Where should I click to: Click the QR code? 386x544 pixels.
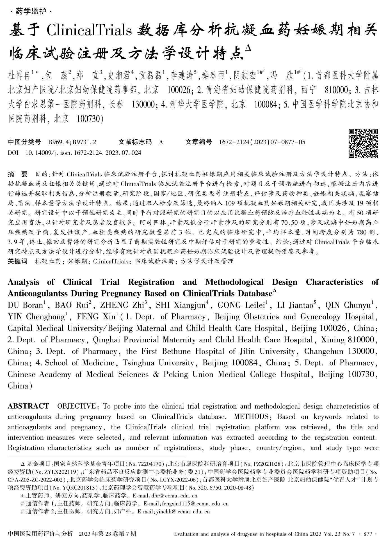pos(363,143)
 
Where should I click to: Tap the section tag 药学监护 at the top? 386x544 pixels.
pos(31,11)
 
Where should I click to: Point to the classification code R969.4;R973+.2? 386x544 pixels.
pos(72,142)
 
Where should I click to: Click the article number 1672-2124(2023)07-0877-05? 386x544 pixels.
pos(262,142)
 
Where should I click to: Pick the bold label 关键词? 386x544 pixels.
pos(17,261)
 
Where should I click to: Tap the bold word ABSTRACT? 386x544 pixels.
pos(28,406)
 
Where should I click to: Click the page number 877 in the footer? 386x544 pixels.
pos(367,534)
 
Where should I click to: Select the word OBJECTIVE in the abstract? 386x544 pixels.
pos(76,406)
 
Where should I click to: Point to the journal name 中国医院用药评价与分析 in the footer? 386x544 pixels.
pos(40,534)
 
